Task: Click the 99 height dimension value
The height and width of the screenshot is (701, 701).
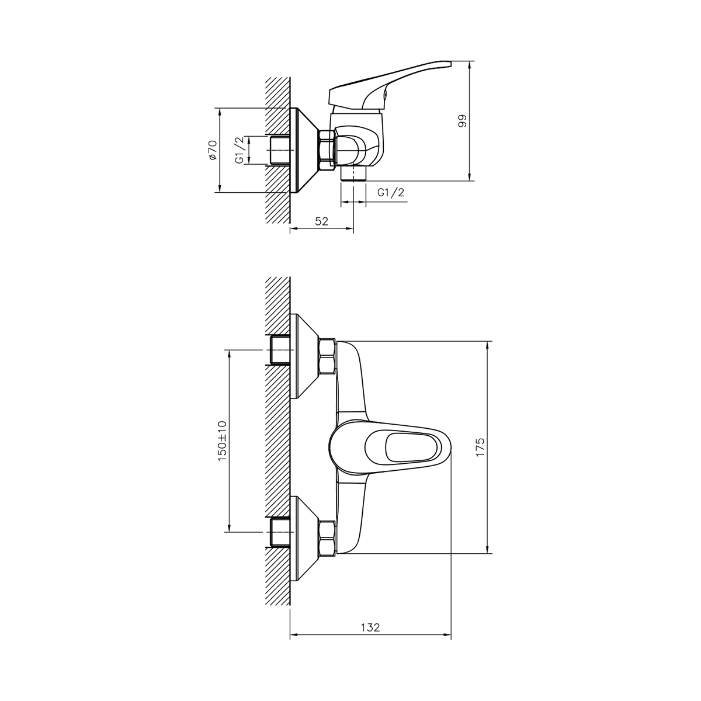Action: (x=462, y=121)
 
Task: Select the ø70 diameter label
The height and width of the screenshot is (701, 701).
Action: (x=213, y=150)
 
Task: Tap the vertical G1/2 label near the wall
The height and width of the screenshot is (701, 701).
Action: (x=239, y=150)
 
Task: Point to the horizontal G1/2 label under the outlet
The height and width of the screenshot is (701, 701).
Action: (x=391, y=192)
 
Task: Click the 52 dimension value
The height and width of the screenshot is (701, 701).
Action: (x=322, y=221)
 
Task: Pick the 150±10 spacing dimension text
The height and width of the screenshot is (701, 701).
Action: (x=222, y=441)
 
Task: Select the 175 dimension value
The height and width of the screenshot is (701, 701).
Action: (x=480, y=447)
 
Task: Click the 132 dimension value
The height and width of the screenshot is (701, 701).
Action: (x=370, y=627)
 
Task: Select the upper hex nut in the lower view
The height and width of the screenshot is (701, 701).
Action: (x=326, y=356)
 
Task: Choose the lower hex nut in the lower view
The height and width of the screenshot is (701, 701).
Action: (x=326, y=538)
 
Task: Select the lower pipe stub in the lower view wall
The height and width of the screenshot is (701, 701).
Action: (x=280, y=532)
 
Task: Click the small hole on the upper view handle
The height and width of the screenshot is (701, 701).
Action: (x=384, y=92)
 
